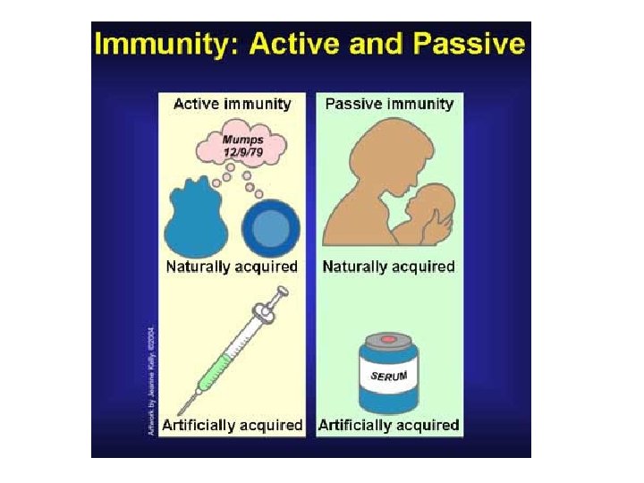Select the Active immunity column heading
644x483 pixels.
click(x=232, y=104)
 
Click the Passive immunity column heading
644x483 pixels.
click(x=389, y=104)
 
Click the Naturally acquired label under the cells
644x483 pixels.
click(x=232, y=267)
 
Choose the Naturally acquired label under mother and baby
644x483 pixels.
click(x=389, y=267)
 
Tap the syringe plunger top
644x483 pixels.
click(x=281, y=292)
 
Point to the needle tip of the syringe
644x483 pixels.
click(x=179, y=413)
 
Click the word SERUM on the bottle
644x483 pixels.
click(x=389, y=377)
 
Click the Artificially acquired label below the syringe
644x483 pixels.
click(x=234, y=425)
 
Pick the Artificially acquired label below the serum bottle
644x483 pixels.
click(x=389, y=425)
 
